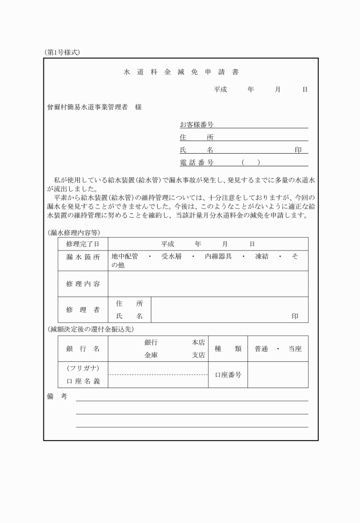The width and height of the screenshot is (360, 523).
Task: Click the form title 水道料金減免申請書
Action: pos(181,73)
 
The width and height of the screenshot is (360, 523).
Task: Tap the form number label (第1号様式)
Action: pos(62,52)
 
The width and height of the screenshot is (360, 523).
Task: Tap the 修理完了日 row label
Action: pos(83,244)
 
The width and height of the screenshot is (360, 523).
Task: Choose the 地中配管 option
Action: pos(125,257)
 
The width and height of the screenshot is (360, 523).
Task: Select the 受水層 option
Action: pos(171,257)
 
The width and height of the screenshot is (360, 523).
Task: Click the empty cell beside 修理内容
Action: pos(207,284)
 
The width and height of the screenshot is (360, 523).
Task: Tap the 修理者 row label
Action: pos(83,309)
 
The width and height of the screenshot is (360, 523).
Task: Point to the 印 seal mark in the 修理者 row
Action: pos(295,316)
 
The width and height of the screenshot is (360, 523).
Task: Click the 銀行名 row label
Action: pos(83,348)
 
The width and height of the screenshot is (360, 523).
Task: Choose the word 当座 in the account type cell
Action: pos(295,348)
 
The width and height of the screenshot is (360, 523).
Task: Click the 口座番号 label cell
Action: pos(227,374)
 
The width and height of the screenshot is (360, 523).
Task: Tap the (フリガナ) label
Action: pos(83,368)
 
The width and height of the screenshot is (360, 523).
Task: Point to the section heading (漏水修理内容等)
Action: pos(74,233)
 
